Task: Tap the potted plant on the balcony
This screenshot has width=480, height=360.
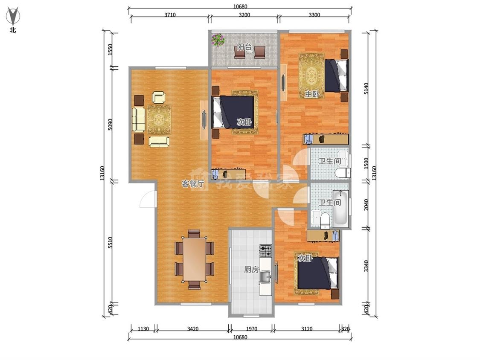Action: [x=218, y=40]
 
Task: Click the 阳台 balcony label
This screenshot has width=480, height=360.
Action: [x=244, y=47]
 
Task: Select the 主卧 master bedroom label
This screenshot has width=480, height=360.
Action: [x=312, y=94]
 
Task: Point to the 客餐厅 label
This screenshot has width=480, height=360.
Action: [x=193, y=184]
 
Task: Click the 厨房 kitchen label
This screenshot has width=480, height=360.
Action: [x=252, y=270]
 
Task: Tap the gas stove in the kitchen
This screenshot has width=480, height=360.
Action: [x=266, y=251]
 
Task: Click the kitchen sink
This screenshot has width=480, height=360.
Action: [x=266, y=277]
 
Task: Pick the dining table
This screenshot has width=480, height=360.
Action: [x=195, y=260]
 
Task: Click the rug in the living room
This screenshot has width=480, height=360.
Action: [x=159, y=119]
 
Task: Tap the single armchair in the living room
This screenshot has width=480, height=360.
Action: [x=159, y=97]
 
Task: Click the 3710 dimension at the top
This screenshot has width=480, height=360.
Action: [x=170, y=15]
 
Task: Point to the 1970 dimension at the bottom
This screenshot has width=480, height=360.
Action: [x=252, y=329]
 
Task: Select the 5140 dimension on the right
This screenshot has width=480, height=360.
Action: [x=367, y=88]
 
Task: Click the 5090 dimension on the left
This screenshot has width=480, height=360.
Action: [x=110, y=125]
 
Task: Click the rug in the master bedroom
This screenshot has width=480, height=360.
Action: [x=311, y=76]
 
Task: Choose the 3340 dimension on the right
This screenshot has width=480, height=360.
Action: [x=367, y=266]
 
